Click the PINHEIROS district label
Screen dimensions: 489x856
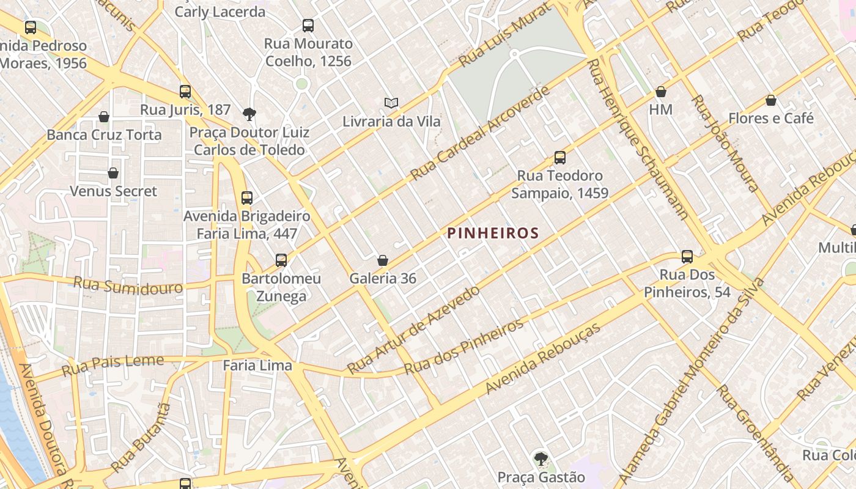click(493, 233)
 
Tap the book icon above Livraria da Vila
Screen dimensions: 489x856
click(391, 103)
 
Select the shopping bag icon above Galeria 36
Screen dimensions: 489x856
click(383, 261)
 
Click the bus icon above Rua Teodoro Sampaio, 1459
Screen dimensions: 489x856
click(559, 158)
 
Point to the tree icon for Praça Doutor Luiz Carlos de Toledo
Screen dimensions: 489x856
click(249, 114)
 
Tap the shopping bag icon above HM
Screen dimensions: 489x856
click(660, 92)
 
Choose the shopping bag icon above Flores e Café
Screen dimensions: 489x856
click(770, 100)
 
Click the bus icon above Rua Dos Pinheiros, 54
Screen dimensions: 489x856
click(687, 257)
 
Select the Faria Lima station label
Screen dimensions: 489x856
click(257, 366)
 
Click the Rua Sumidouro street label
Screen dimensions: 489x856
click(128, 285)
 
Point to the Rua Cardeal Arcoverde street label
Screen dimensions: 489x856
click(480, 134)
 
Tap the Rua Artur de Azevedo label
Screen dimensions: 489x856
click(413, 329)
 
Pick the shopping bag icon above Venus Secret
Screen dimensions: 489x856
click(113, 174)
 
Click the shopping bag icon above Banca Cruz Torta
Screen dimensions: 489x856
click(104, 117)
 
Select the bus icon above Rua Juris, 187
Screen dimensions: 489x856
click(185, 92)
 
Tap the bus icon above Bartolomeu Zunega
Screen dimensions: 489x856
click(281, 260)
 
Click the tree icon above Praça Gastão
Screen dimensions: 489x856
click(541, 458)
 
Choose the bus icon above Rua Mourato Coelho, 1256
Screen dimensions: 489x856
click(308, 26)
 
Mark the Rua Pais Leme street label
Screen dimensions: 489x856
click(113, 364)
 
